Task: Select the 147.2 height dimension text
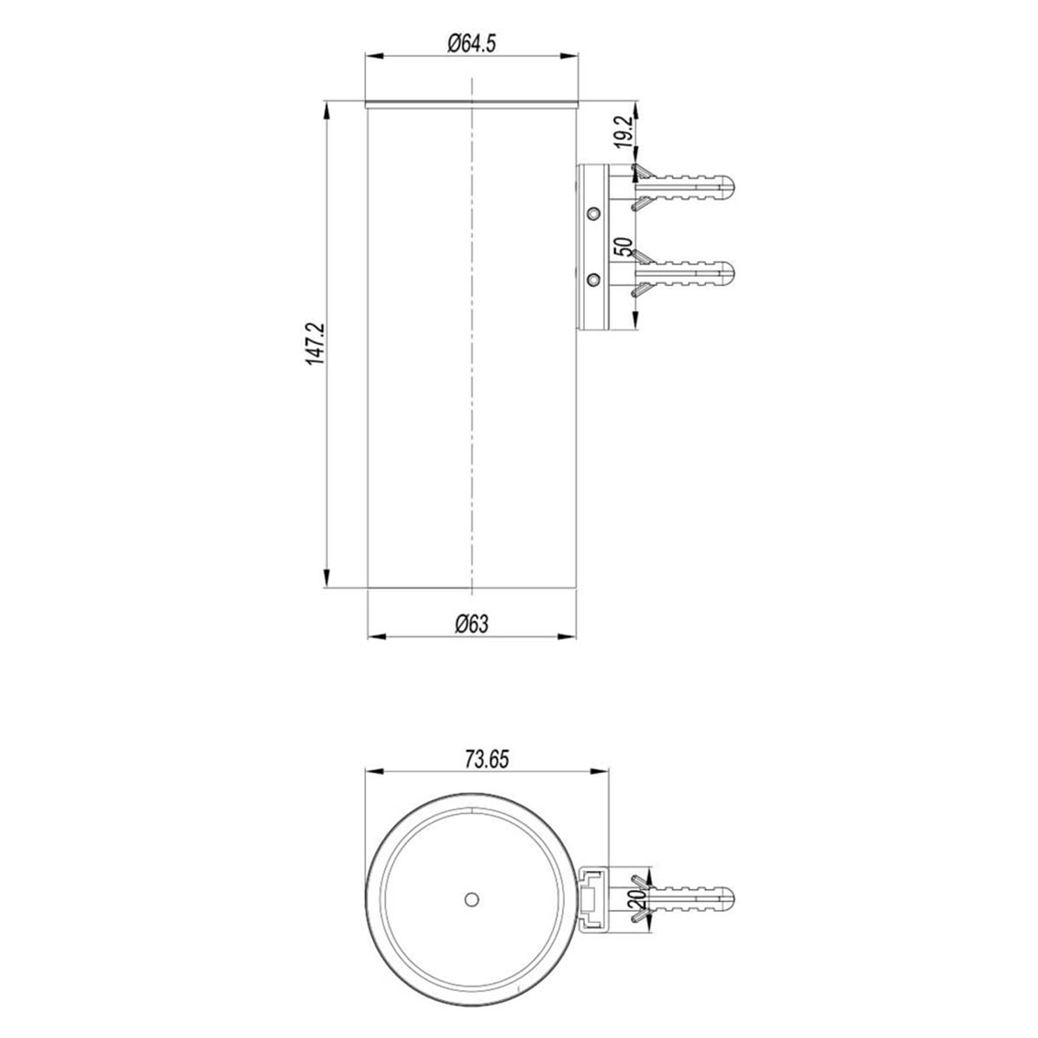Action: coord(314,343)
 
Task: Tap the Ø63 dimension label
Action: coord(471,624)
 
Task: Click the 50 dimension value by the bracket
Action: coord(621,247)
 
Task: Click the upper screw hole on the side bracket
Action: coord(593,212)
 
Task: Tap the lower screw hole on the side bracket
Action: coord(593,279)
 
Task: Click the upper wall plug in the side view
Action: coord(688,187)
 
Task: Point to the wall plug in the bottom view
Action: coord(688,900)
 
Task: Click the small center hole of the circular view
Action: coord(471,900)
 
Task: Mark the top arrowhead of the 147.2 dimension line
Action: coord(327,108)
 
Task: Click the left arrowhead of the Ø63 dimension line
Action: coord(374,638)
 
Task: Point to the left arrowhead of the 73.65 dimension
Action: coord(372,772)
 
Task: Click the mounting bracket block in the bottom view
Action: coord(593,900)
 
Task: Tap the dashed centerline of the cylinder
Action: coord(472,346)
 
